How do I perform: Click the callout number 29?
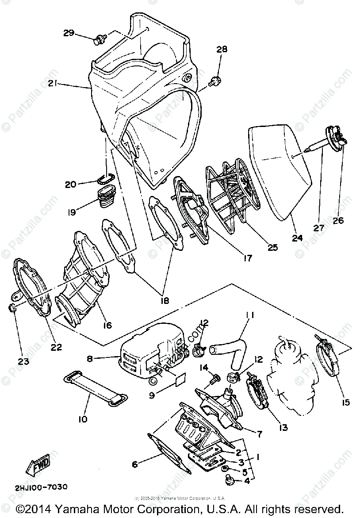click(69, 33)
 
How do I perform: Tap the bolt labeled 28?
click(215, 81)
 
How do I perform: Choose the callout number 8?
click(90, 359)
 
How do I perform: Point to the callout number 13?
click(283, 427)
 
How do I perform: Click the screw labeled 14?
click(215, 377)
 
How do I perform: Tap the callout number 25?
click(272, 247)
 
